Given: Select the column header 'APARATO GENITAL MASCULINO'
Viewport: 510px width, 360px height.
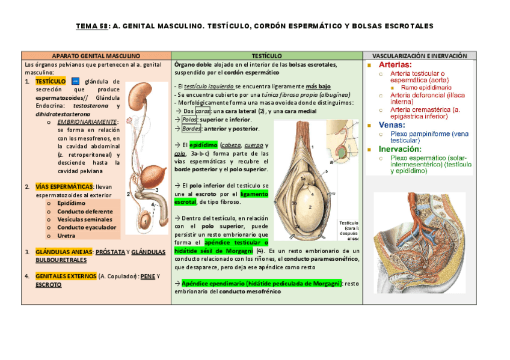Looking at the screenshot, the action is [x=96, y=55].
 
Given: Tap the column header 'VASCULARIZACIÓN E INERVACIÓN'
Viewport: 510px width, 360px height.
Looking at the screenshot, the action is [x=420, y=55].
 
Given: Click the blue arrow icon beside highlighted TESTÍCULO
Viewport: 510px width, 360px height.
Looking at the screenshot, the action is [x=75, y=81].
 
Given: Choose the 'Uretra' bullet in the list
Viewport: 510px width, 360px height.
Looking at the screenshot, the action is [x=67, y=236].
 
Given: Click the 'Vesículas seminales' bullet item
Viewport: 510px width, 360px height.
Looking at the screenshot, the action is [x=85, y=219].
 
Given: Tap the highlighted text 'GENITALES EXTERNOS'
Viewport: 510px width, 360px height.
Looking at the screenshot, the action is [x=66, y=276].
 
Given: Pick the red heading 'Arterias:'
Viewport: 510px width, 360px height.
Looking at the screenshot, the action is [x=395, y=64].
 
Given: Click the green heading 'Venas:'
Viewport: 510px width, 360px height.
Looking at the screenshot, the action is [x=392, y=124].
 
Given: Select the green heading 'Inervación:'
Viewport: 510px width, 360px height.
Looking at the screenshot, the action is [x=402, y=148].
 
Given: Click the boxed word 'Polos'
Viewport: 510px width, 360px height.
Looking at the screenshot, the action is [x=189, y=120].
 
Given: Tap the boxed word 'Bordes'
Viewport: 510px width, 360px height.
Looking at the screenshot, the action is [x=191, y=128].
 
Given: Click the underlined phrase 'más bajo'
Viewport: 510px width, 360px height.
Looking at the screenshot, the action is [x=318, y=87].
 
